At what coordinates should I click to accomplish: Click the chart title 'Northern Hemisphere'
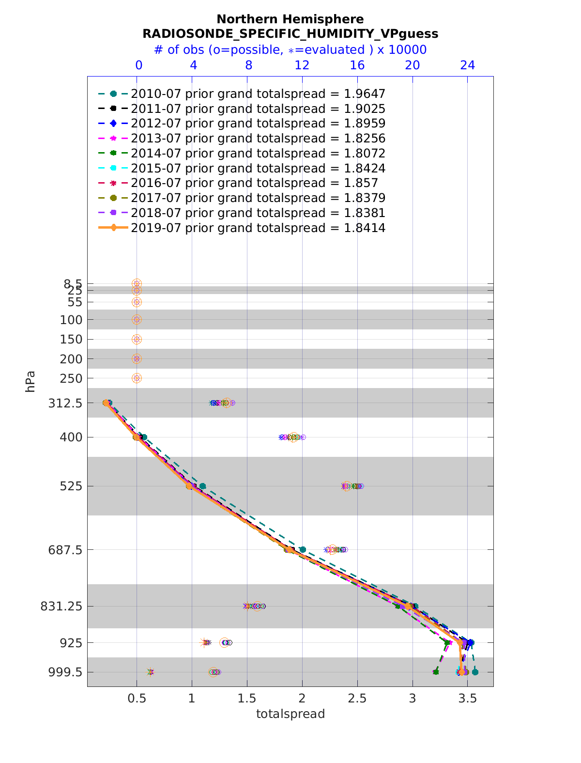click(x=290, y=19)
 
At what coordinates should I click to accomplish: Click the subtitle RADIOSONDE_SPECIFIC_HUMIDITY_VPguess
click(x=290, y=34)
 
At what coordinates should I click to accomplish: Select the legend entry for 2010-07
click(x=258, y=93)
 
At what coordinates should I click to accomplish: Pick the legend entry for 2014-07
click(x=258, y=154)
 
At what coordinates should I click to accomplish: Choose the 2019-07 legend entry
click(x=258, y=228)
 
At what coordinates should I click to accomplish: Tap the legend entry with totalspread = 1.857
click(x=254, y=183)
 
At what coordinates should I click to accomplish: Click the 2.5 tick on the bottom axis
click(x=357, y=698)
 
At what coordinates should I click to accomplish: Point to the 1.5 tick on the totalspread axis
click(x=247, y=698)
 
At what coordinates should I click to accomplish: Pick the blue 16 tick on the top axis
click(x=357, y=65)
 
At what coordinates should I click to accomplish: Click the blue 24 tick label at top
click(x=467, y=65)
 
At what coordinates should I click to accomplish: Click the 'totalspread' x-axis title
click(x=290, y=714)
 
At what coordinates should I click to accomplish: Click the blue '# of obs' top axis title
click(x=290, y=50)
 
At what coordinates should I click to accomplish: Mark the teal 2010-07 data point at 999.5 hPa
click(x=475, y=672)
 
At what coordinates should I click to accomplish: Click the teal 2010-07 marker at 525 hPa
click(x=202, y=486)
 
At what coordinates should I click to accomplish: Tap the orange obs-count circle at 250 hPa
click(x=137, y=378)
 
